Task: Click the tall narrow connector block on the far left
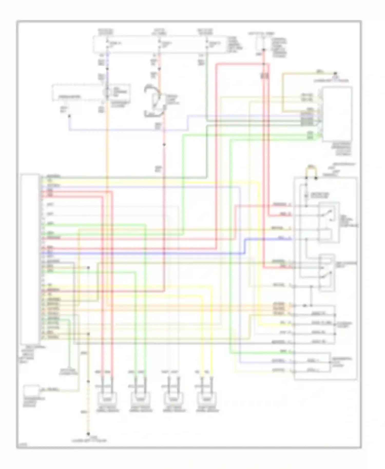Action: [x=30, y=259]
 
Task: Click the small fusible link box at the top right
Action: [x=263, y=43]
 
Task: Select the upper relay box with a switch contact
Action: [x=329, y=222]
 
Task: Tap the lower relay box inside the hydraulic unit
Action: [x=326, y=272]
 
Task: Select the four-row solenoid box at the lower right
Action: [x=314, y=325]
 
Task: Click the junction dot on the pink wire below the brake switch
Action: [x=164, y=145]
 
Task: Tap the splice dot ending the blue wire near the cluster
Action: [x=69, y=116]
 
